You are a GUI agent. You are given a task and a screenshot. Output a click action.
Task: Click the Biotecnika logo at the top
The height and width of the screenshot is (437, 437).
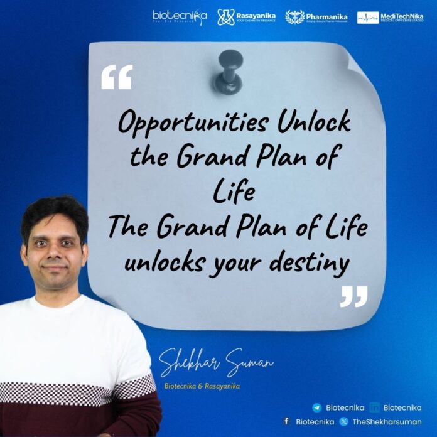pyautogui.click(x=180, y=17)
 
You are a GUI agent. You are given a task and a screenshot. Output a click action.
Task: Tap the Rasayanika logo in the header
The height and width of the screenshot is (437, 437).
pyautogui.click(x=246, y=17)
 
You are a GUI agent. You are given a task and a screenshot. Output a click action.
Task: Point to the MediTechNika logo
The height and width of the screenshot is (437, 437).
pyautogui.click(x=389, y=17)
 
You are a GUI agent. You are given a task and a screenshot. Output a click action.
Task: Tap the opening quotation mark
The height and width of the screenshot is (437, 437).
pyautogui.click(x=117, y=77)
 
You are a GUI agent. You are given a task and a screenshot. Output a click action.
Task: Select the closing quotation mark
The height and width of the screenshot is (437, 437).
pyautogui.click(x=353, y=296)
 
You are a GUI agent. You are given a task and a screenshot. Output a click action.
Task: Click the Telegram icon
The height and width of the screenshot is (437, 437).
pyautogui.click(x=316, y=407)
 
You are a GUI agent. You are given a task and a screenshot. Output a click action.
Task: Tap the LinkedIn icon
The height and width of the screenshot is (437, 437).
pyautogui.click(x=375, y=407)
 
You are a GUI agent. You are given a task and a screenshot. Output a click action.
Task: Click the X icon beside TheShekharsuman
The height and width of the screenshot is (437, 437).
pyautogui.click(x=344, y=421)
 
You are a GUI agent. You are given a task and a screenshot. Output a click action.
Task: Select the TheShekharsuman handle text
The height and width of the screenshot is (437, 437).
pyautogui.click(x=387, y=421)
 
